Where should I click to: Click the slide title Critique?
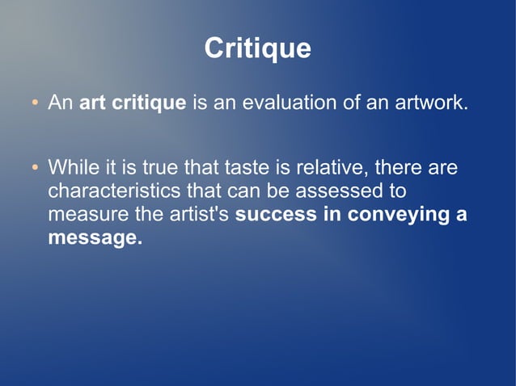pyautogui.click(x=257, y=48)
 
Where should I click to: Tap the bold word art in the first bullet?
pyautogui.click(x=93, y=103)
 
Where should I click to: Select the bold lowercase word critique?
pyautogui.click(x=150, y=103)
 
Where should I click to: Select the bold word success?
pyautogui.click(x=273, y=216)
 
